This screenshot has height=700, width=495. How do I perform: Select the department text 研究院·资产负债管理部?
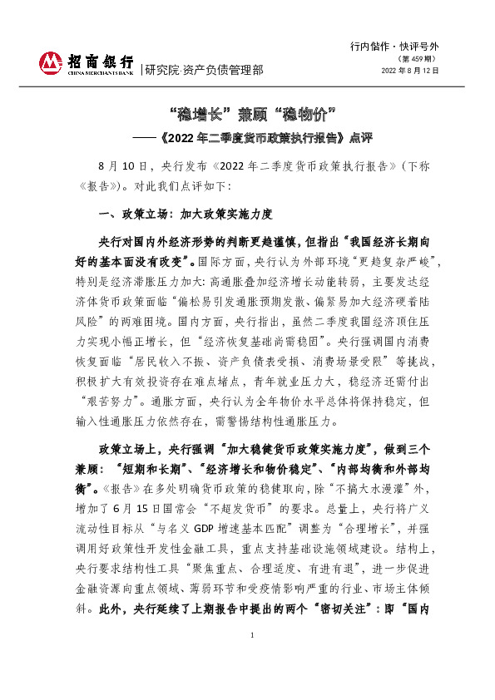click(204, 70)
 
